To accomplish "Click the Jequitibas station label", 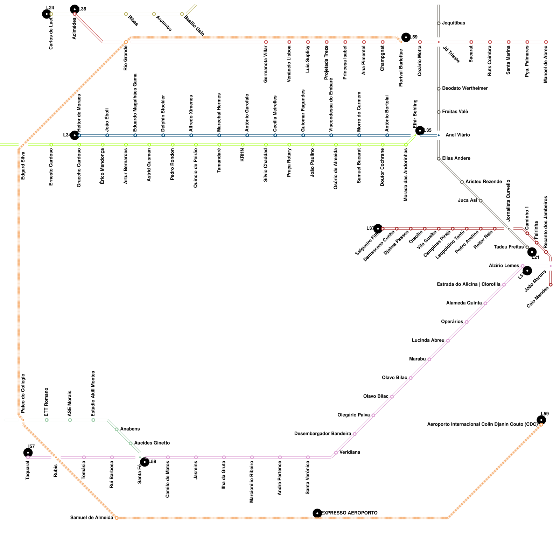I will [453, 23].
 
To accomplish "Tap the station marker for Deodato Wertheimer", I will [439, 89].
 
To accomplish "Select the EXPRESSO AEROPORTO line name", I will [349, 513].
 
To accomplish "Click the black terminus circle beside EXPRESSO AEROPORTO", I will [317, 513].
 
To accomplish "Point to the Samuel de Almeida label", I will [92, 518].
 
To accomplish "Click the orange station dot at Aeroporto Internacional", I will [541, 425].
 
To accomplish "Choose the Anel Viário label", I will [457, 135].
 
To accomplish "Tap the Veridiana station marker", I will [336, 453].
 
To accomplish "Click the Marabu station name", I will [417, 359].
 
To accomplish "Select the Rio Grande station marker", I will [126, 42].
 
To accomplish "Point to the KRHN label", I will [242, 155].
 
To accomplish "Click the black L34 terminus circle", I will [75, 135].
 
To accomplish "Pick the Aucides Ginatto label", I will [152, 443].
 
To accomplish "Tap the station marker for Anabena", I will [117, 429].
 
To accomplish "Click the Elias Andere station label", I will [456, 159].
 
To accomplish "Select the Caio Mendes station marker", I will [551, 285].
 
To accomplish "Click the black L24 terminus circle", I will [47, 14].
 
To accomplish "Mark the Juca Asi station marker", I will [481, 201].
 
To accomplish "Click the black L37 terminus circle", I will [378, 229].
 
